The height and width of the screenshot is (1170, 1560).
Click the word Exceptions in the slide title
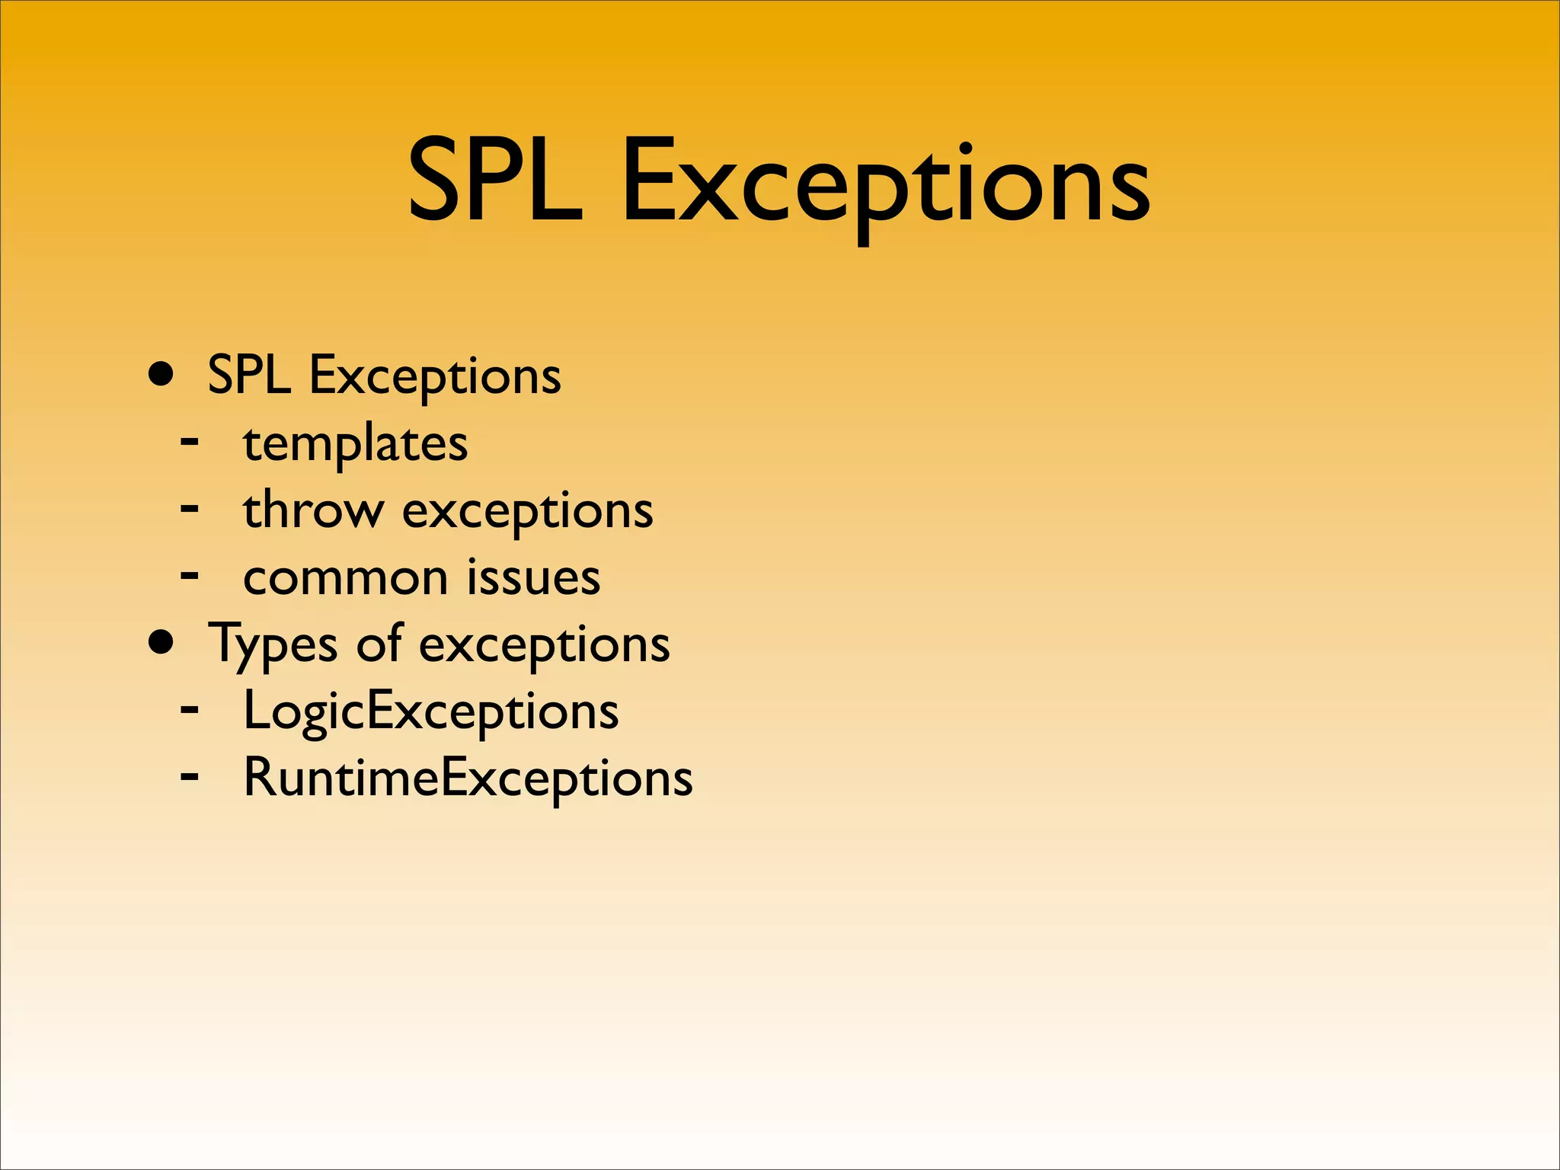coord(886,184)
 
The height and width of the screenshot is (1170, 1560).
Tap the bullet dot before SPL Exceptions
coord(161,375)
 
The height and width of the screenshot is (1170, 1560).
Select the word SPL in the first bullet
coord(249,375)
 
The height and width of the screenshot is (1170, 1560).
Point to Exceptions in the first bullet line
coord(435,376)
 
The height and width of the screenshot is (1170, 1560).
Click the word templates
coord(355,443)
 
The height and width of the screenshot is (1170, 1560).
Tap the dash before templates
coord(190,440)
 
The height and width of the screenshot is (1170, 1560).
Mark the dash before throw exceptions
coord(190,507)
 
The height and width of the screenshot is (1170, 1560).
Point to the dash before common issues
coord(190,574)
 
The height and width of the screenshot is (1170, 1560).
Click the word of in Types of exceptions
coord(379,643)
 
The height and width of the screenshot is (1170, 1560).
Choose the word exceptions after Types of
coord(544,644)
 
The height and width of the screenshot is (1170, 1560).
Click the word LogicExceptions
coord(431,711)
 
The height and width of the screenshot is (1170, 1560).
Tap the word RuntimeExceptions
coord(468,778)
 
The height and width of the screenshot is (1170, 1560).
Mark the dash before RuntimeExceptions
coord(190,776)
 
